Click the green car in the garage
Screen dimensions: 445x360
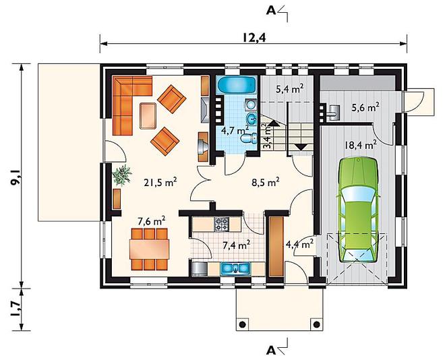coord(359,210)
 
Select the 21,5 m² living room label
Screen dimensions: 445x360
coord(160,183)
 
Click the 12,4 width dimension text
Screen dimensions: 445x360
coord(254,38)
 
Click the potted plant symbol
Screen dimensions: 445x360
coord(122,175)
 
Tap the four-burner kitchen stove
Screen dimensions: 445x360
coord(221,224)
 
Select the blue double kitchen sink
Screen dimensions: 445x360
coord(235,268)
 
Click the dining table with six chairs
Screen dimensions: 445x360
coord(149,249)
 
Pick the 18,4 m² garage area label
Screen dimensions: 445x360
coord(361,146)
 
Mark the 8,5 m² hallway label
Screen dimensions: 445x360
coord(266,183)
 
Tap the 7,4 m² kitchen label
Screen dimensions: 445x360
coord(236,245)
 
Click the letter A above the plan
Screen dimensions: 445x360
coord(271,11)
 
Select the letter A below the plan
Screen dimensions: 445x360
coord(271,351)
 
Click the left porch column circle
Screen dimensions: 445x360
coord(243,324)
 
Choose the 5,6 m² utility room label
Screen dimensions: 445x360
coord(365,108)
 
